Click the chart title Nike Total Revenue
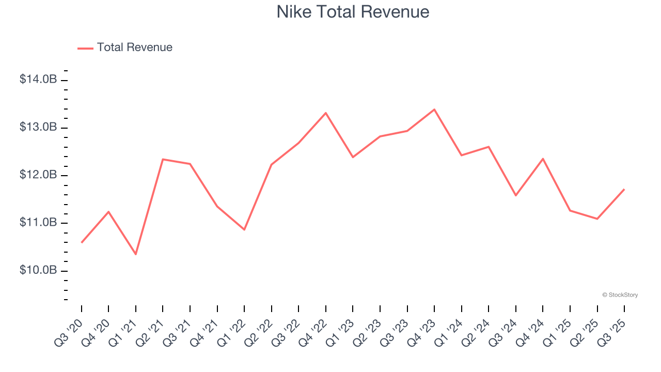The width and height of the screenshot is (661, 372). click(x=353, y=12)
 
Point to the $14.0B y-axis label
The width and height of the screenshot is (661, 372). click(x=38, y=80)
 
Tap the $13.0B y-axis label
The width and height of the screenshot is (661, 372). click(x=38, y=127)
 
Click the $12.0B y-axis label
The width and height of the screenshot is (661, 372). click(x=38, y=175)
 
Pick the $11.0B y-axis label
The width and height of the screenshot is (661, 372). click(x=38, y=223)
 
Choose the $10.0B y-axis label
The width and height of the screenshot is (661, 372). click(x=38, y=270)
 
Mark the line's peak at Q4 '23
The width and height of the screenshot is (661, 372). click(x=434, y=110)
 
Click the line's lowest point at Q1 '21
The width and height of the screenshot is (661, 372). click(x=136, y=254)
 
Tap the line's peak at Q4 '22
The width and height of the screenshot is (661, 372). click(x=326, y=113)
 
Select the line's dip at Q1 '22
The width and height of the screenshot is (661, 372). click(x=244, y=229)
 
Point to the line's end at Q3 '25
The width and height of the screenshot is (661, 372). click(x=624, y=189)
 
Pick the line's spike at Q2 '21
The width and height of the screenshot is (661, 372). click(x=163, y=159)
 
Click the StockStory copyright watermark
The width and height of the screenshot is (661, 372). click(x=620, y=295)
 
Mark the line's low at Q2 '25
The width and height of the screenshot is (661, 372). click(x=597, y=219)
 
